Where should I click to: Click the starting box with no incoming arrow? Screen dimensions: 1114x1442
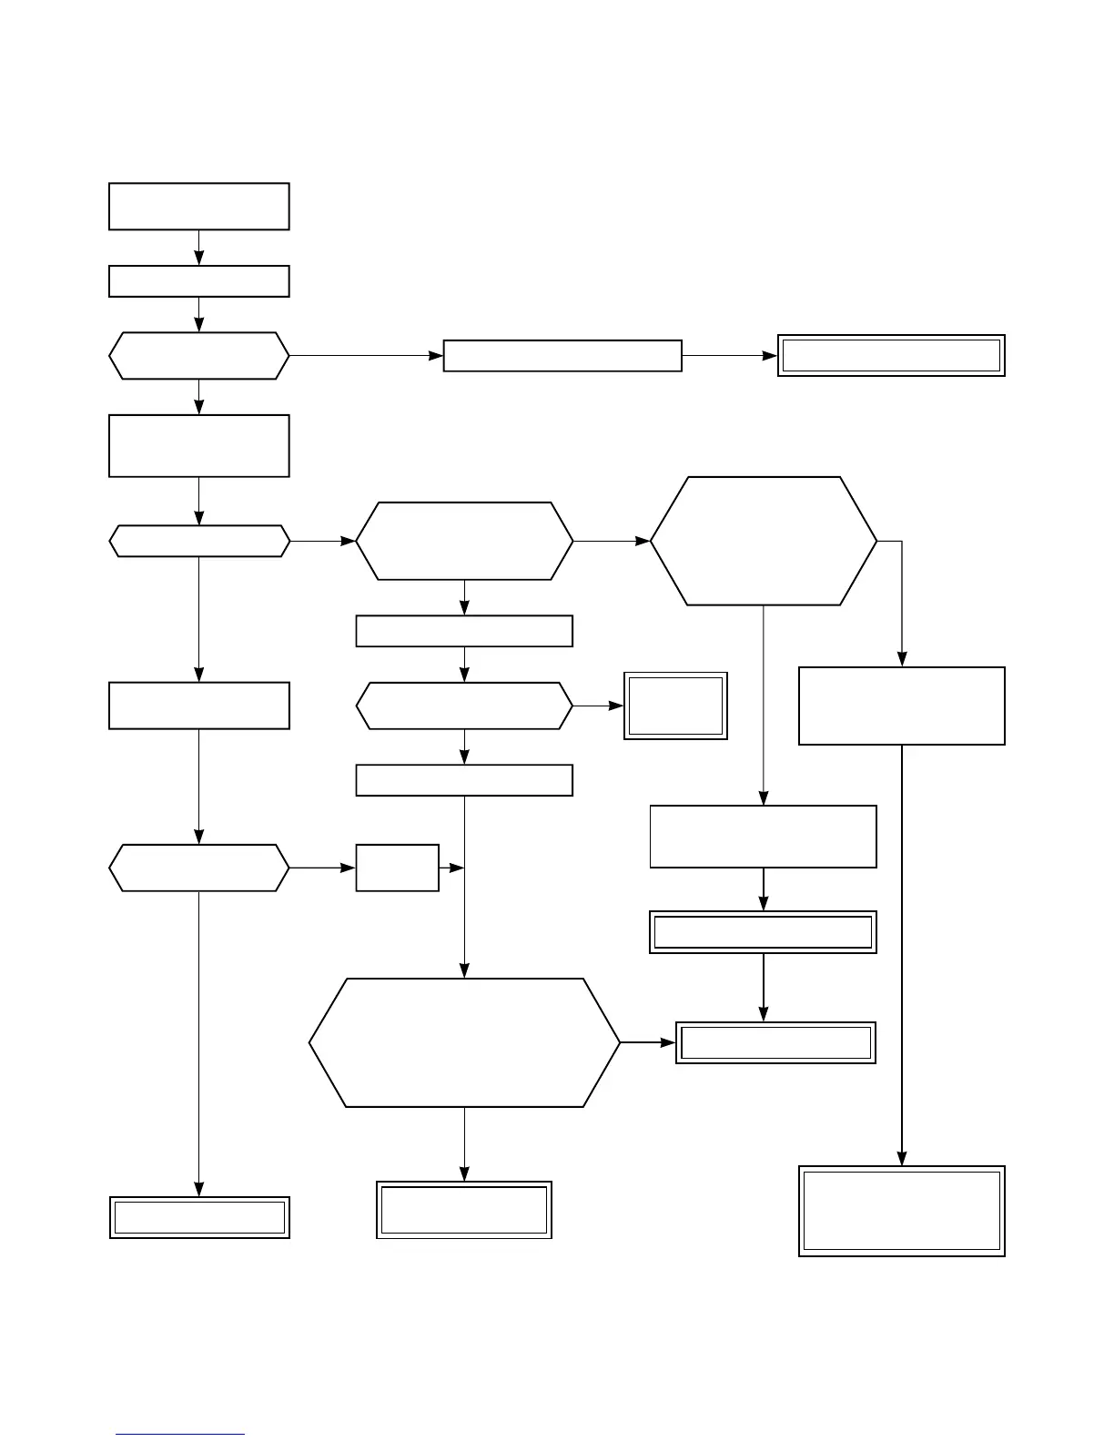(x=198, y=206)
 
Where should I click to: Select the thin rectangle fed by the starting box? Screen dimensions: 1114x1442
(x=198, y=281)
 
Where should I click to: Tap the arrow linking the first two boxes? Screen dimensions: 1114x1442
(x=198, y=247)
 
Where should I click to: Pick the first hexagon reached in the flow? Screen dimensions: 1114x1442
(x=198, y=355)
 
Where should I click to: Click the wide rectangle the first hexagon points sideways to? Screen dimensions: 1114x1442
(x=562, y=355)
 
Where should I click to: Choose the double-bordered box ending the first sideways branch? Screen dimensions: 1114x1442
(x=890, y=355)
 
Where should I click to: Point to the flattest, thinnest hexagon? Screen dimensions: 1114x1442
(x=198, y=541)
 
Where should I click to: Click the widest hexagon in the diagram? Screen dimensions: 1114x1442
(x=464, y=1042)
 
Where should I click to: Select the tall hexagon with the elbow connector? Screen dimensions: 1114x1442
(x=763, y=541)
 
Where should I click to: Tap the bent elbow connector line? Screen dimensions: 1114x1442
(x=901, y=592)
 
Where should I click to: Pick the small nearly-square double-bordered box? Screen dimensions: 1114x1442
(x=675, y=706)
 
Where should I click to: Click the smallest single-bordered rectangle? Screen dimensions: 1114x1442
(x=397, y=868)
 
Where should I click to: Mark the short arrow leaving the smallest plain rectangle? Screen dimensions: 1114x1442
(x=451, y=868)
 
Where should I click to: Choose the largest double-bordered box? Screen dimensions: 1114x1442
(x=901, y=1211)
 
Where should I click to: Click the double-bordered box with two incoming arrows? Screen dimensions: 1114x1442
(x=775, y=1042)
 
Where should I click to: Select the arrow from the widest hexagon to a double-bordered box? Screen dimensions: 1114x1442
(x=647, y=1042)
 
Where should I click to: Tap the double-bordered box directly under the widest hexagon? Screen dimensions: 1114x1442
(x=464, y=1210)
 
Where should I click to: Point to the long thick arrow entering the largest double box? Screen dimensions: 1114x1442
(x=901, y=956)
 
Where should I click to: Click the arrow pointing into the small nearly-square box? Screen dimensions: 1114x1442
(x=598, y=706)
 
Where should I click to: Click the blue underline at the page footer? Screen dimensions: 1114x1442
(x=180, y=1434)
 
